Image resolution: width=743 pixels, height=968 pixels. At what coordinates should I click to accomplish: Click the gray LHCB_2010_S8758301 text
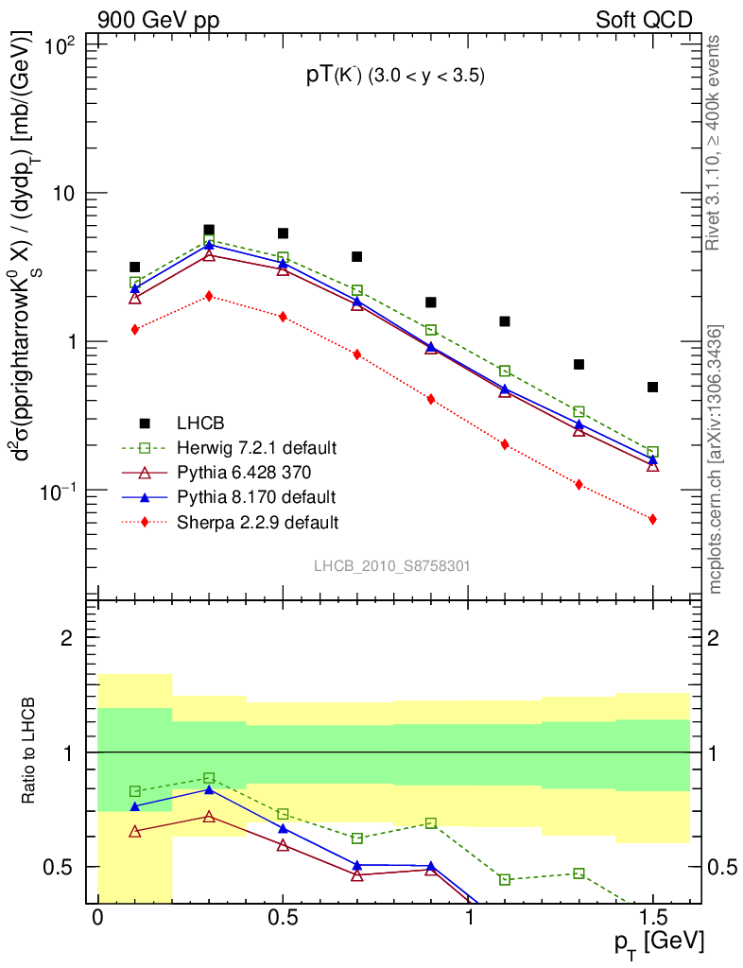pyautogui.click(x=392, y=565)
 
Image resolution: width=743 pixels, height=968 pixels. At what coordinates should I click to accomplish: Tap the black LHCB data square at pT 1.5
pyautogui.click(x=652, y=387)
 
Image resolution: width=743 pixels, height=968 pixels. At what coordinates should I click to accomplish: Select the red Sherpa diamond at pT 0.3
pyautogui.click(x=209, y=296)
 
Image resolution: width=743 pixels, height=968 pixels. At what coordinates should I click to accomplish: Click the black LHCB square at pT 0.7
pyautogui.click(x=356, y=256)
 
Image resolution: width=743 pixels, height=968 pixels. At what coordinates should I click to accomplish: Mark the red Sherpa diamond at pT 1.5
pyautogui.click(x=652, y=519)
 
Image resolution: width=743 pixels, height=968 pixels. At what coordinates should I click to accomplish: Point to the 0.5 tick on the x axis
pyautogui.click(x=283, y=918)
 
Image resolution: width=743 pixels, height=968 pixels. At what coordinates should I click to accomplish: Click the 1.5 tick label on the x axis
pyautogui.click(x=652, y=918)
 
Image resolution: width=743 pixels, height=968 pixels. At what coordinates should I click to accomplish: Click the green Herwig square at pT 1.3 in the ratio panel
pyautogui.click(x=579, y=873)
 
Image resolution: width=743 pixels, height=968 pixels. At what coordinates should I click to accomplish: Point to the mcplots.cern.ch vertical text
pyautogui.click(x=716, y=459)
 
